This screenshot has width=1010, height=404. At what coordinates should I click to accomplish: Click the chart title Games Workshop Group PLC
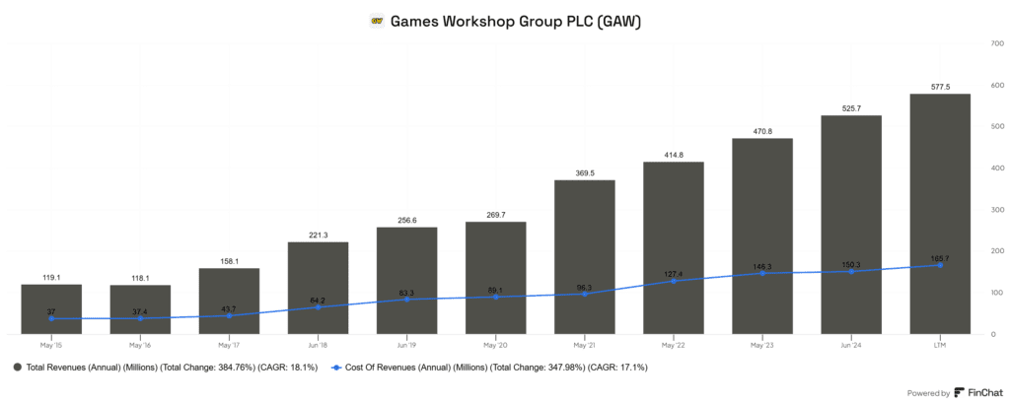pos(516,20)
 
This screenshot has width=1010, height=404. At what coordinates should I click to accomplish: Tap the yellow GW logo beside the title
pos(376,20)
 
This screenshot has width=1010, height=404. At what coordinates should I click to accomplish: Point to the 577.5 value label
pos(939,87)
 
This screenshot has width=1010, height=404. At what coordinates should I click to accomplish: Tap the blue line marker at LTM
pos(939,265)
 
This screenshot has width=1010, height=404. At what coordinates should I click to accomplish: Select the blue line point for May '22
pos(673,281)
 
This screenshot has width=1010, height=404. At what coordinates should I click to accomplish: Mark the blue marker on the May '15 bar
pos(51,318)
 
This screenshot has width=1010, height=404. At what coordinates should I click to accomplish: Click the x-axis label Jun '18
pos(318,345)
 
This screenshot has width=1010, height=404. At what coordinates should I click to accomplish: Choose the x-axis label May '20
pos(495,345)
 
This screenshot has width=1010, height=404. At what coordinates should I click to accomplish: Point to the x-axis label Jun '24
pos(850,345)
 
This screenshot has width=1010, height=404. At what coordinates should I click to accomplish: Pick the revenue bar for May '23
pos(761,236)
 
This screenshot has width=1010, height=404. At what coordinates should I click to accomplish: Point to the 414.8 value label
pos(673,155)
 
